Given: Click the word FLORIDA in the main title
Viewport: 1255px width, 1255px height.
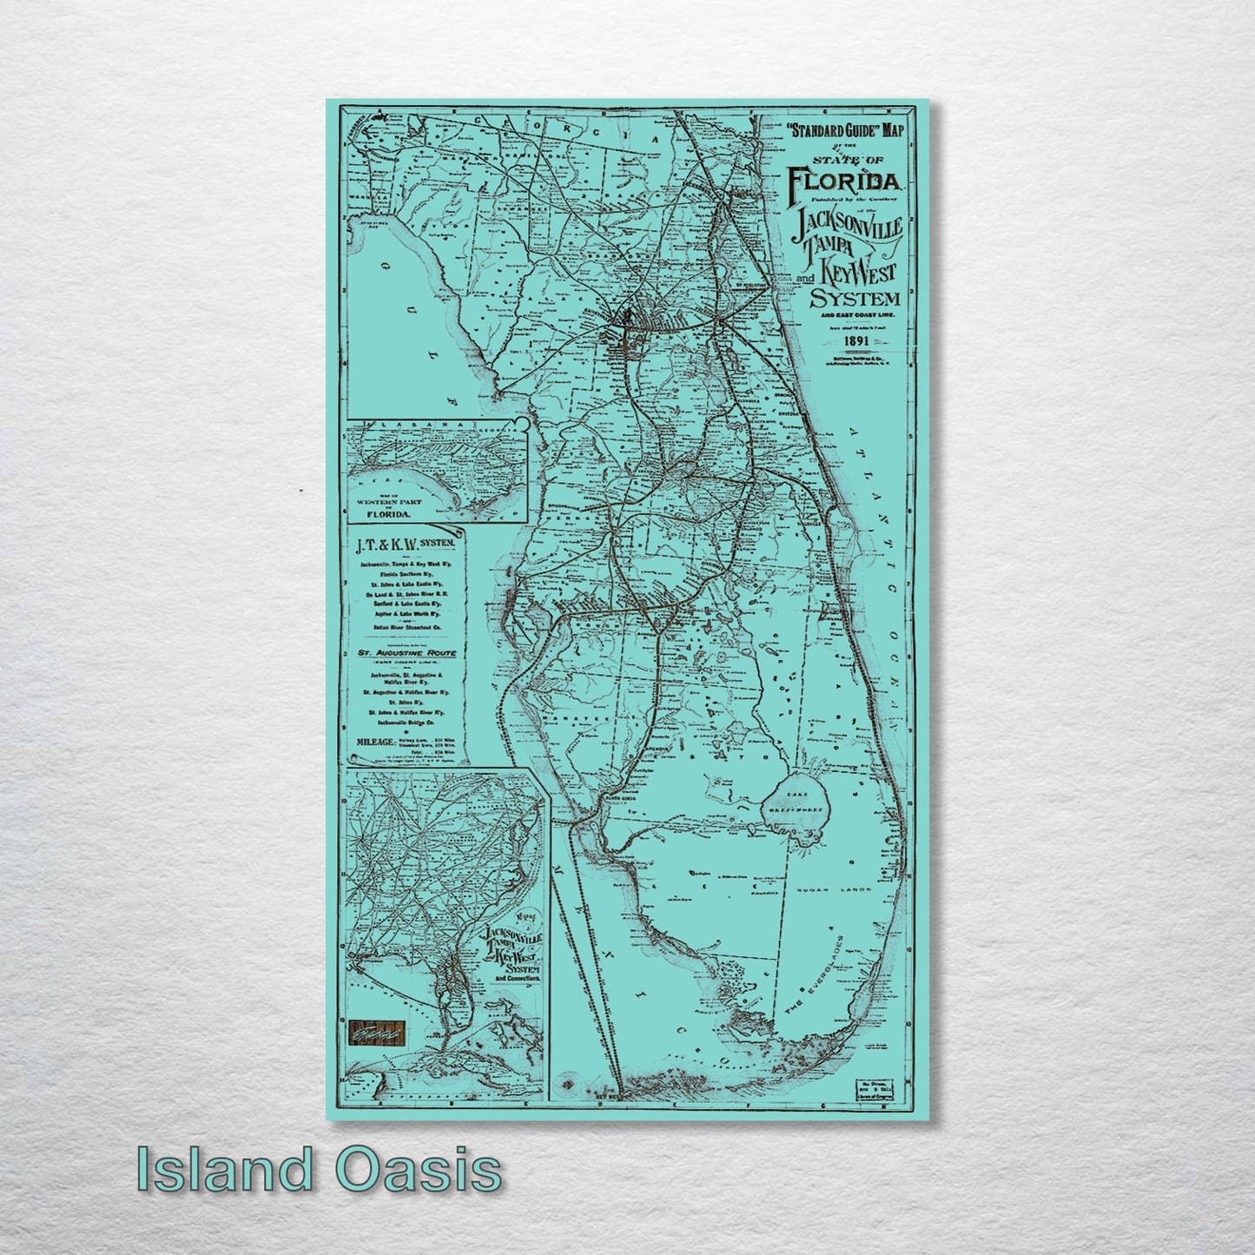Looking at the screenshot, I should coord(846,182).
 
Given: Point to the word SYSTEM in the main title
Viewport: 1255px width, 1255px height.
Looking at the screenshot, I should coord(855,300).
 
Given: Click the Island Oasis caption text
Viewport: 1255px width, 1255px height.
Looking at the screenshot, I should coord(319,1170).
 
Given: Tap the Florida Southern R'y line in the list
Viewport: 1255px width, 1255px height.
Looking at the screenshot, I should coord(405,574).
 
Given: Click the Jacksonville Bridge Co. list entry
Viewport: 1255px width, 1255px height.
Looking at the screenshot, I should coord(405,722).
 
